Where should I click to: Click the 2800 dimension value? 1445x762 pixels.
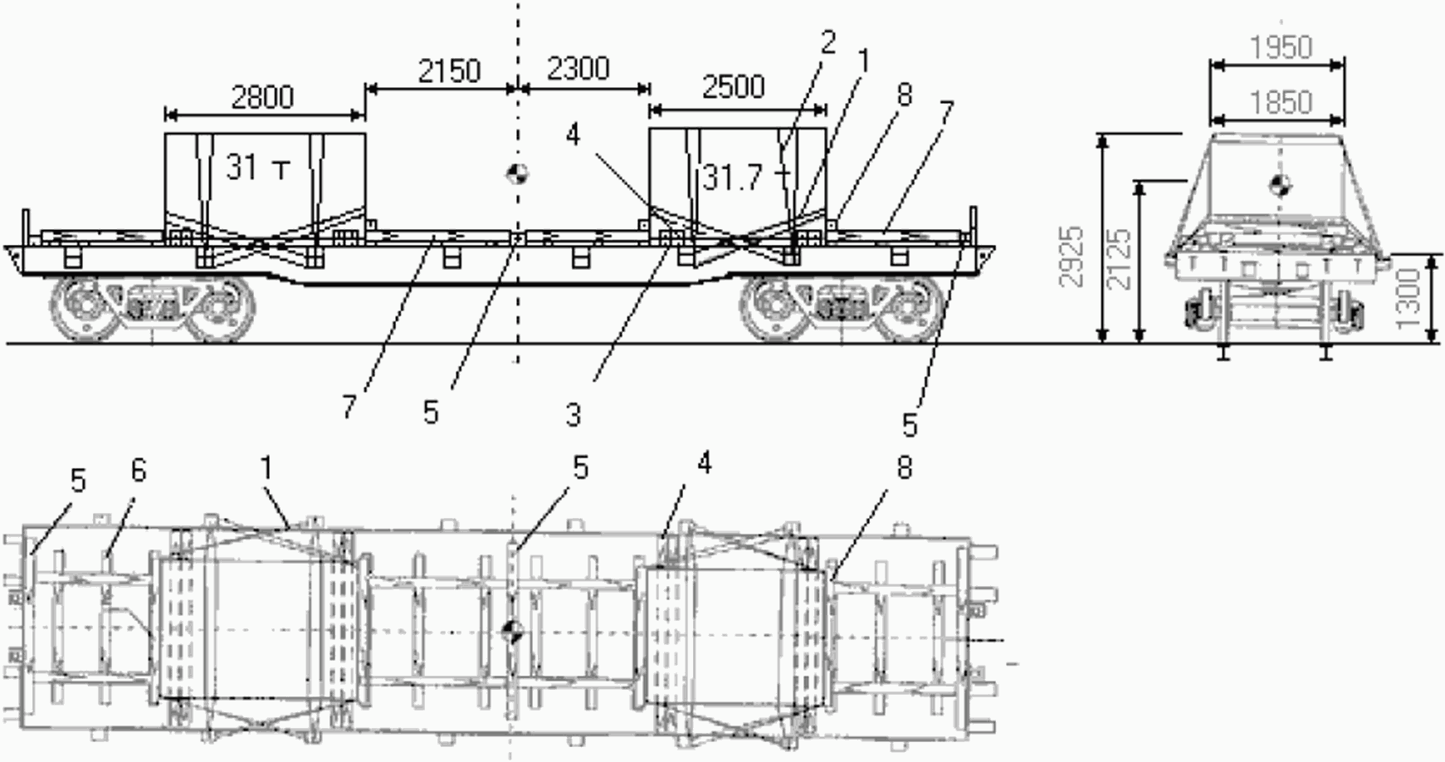point(262,98)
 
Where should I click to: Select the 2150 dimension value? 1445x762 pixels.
point(449,71)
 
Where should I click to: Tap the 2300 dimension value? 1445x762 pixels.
point(578,68)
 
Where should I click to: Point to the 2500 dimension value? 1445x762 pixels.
point(733,87)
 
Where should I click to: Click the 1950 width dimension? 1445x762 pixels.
point(1281,47)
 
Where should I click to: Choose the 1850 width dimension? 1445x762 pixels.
point(1281,102)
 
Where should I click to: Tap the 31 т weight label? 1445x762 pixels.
point(258,169)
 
